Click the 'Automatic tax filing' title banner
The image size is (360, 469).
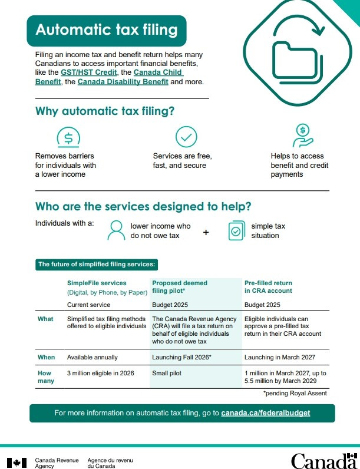[x=107, y=30]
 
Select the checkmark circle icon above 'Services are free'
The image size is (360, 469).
[x=186, y=137]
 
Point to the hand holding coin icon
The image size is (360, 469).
[x=302, y=136]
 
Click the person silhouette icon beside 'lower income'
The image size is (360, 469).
[x=116, y=231]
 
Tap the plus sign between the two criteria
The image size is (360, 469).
[x=206, y=232]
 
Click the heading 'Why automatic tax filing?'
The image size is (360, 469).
[x=105, y=111]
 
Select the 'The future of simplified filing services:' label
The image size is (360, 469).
[x=97, y=265]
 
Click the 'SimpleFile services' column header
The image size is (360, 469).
[x=97, y=283]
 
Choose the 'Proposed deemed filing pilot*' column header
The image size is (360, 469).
[x=180, y=287]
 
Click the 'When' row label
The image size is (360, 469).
[x=46, y=357]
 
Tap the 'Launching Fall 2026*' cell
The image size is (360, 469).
[x=181, y=357]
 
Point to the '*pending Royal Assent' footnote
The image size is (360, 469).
[x=295, y=393]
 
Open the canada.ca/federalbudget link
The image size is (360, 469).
[x=266, y=413]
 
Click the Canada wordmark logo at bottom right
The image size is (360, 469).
[x=323, y=460]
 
